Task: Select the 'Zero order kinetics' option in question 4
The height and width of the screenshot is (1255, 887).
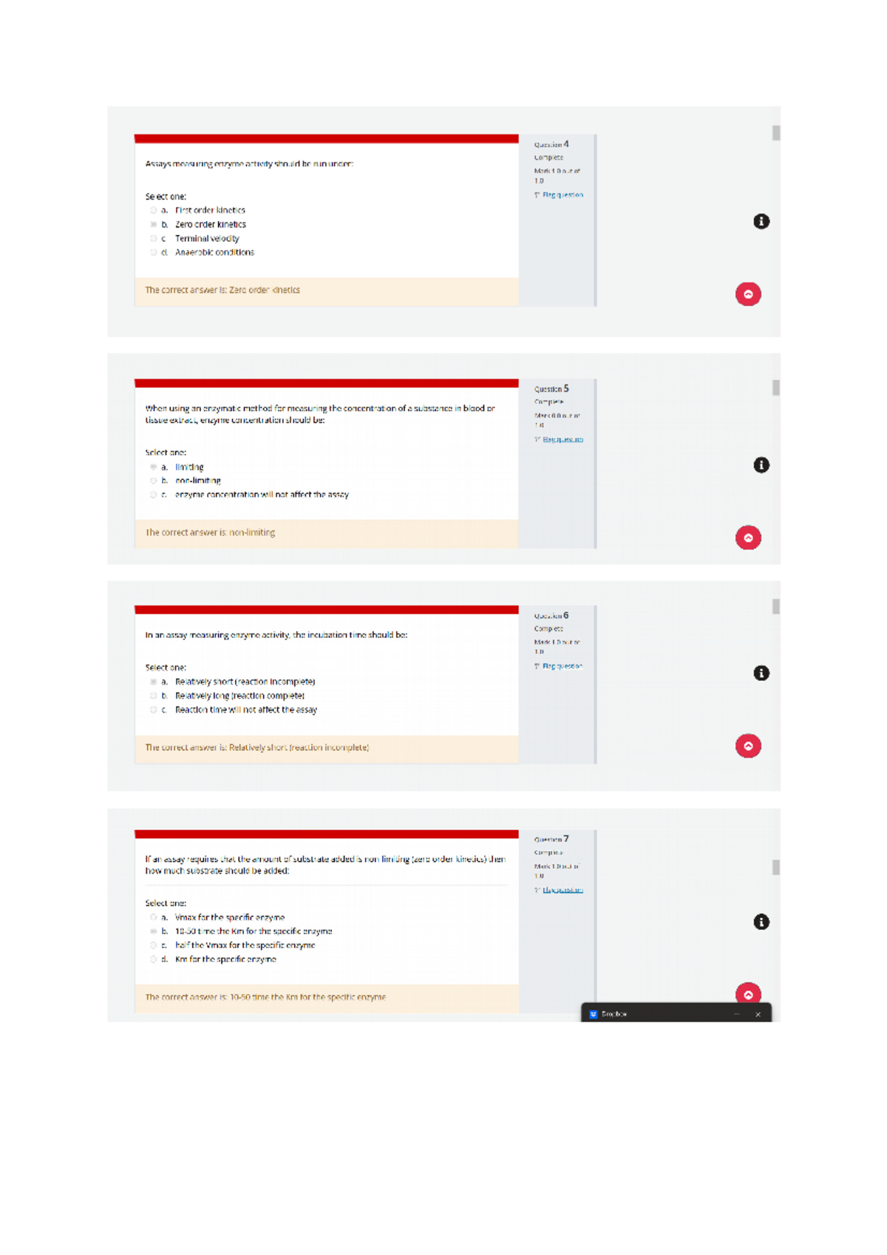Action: pyautogui.click(x=154, y=225)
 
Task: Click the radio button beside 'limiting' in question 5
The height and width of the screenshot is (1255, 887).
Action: pyautogui.click(x=154, y=467)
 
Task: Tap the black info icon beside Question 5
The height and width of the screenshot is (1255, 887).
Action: pyautogui.click(x=761, y=465)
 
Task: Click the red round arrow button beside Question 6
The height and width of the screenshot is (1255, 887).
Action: pyautogui.click(x=748, y=746)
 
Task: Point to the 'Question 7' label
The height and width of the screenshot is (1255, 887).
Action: pyautogui.click(x=551, y=840)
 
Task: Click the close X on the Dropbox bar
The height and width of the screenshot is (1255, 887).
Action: pyautogui.click(x=758, y=1015)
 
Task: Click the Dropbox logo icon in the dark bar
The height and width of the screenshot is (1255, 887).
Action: pyautogui.click(x=593, y=1015)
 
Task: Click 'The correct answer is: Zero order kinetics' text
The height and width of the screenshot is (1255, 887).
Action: pyautogui.click(x=222, y=290)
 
